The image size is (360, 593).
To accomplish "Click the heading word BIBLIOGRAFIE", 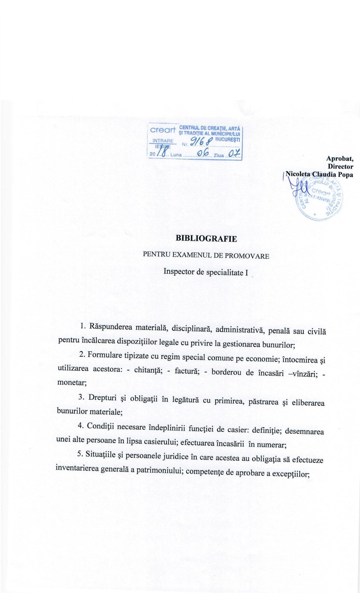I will [x=206, y=239].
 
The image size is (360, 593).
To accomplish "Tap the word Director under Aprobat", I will [x=340, y=166].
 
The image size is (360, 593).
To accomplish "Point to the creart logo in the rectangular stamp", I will [x=163, y=130].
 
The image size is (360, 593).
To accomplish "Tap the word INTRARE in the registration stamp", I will [x=163, y=141].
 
